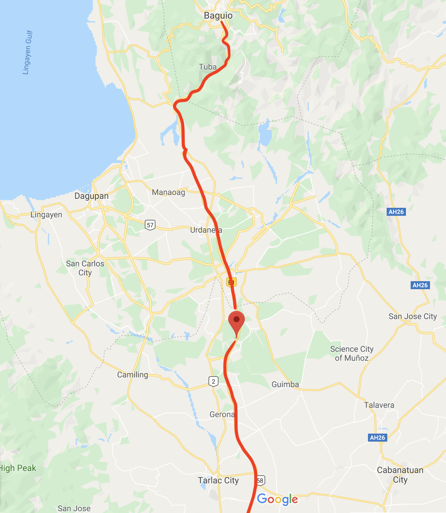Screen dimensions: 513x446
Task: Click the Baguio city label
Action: (218, 16)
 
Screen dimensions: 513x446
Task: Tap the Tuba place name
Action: (207, 67)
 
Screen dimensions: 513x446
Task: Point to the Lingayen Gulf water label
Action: (28, 52)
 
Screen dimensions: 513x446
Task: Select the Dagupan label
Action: (91, 196)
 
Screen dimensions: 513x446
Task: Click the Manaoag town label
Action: (168, 192)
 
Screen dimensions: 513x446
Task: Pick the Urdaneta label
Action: (206, 230)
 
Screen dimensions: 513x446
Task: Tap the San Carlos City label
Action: (85, 268)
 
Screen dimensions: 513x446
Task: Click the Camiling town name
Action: (132, 375)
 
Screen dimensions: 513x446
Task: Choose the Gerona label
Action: (222, 415)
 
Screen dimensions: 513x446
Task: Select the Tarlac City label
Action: (218, 481)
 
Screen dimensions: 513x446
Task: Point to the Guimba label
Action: (285, 385)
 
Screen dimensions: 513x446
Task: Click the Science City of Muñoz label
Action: (352, 354)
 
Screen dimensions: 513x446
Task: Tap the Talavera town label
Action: (379, 405)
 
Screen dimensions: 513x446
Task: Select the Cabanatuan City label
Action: (400, 475)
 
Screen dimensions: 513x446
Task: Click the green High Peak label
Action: (18, 468)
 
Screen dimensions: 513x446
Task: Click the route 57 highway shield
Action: (150, 225)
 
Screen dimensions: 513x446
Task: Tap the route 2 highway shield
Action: (213, 381)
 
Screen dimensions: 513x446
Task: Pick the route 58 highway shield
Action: (260, 481)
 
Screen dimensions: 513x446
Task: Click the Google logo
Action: (278, 499)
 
